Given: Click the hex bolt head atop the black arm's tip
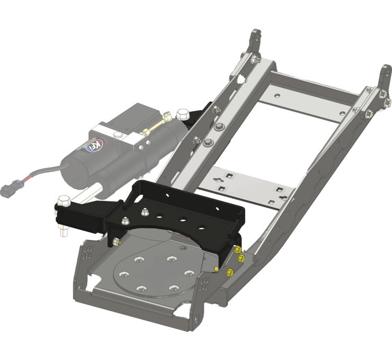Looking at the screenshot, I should (63, 200).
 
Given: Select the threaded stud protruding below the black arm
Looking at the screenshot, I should (64, 230).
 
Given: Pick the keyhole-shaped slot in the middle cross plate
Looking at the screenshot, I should (219, 182).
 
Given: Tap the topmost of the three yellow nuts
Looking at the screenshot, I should (237, 249).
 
